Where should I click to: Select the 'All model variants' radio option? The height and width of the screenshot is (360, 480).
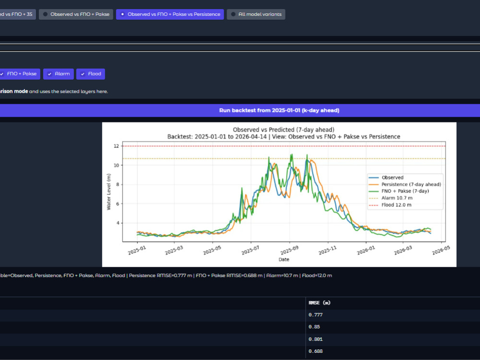[x=256, y=14]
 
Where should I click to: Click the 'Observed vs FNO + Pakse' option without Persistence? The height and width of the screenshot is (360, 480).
[x=76, y=14]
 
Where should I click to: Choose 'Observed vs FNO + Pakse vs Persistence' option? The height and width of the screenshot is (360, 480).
[x=170, y=14]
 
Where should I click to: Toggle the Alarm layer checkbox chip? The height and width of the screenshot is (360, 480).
[x=59, y=74]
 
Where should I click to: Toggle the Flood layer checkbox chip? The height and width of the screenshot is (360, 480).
[x=91, y=74]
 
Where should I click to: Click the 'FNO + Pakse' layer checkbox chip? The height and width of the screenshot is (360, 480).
[x=19, y=74]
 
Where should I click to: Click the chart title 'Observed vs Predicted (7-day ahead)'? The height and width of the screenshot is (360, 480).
[x=284, y=130]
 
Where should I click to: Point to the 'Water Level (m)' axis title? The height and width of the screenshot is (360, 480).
[x=108, y=192]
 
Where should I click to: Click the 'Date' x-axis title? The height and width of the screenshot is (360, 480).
[x=284, y=259]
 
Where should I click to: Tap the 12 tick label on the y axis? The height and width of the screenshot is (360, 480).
[x=116, y=146]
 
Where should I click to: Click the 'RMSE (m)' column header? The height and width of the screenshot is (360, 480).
[x=320, y=303]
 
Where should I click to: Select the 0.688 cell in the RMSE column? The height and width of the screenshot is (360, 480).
[x=316, y=351]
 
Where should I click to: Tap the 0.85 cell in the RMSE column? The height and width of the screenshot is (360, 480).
[x=314, y=326]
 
